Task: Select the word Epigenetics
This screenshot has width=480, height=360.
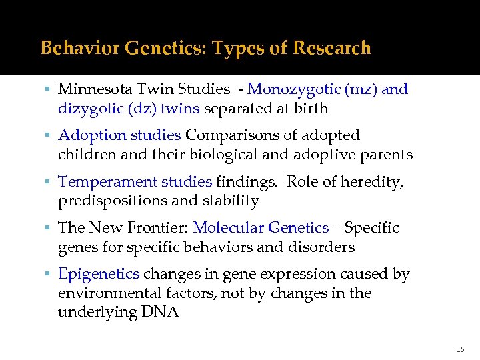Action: coord(99,274)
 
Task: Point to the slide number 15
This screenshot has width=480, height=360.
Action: coord(460,349)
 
